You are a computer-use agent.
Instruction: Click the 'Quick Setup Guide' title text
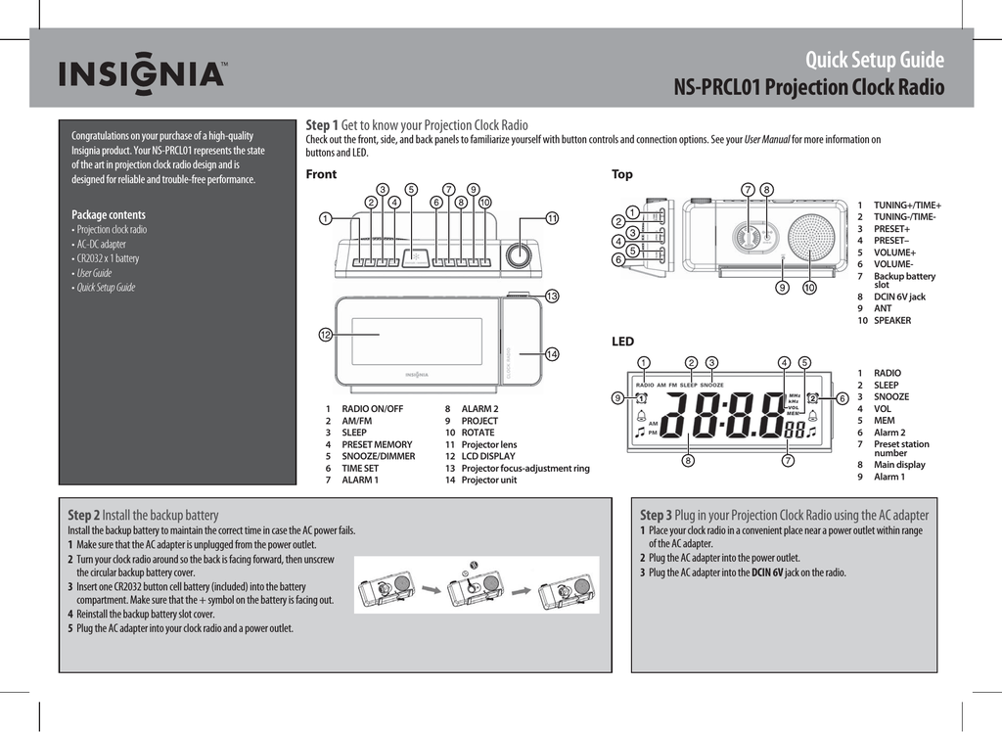[874, 61]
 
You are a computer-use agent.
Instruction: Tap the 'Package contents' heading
[109, 214]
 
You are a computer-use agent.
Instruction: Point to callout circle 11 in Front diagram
[552, 217]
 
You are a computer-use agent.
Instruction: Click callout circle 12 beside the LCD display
[324, 335]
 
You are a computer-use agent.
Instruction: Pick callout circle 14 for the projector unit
[552, 353]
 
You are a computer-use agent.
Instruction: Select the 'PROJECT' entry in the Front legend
[479, 421]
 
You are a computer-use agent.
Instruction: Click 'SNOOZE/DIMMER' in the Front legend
[378, 456]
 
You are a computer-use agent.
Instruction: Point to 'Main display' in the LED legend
[899, 465]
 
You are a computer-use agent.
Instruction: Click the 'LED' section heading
[622, 342]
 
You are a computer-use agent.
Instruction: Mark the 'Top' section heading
[622, 174]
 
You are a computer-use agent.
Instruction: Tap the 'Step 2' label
[83, 515]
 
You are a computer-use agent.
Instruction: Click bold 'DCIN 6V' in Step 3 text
[768, 572]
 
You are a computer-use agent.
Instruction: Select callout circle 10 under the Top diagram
[809, 288]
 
